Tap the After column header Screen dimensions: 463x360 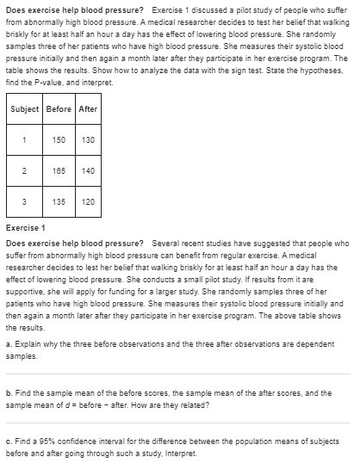(x=88, y=109)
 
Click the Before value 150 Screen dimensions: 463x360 (x=59, y=139)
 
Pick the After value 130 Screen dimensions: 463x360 (x=88, y=139)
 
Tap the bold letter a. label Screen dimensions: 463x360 (x=9, y=345)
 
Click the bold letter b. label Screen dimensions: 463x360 (x=9, y=393)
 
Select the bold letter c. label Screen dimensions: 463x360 (x=9, y=442)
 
